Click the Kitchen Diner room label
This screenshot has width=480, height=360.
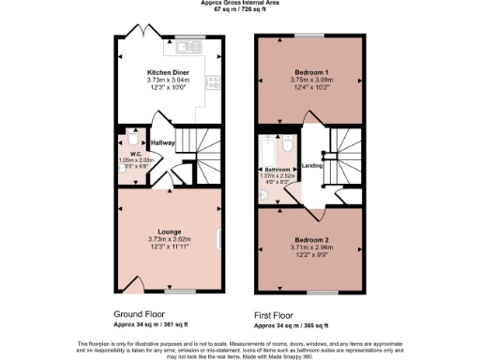(x=169, y=72)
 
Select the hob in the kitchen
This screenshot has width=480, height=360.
(x=213, y=82)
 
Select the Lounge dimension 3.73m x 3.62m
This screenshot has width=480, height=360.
(x=169, y=240)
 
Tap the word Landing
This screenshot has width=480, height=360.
(x=312, y=167)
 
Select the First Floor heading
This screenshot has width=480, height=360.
(x=278, y=317)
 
